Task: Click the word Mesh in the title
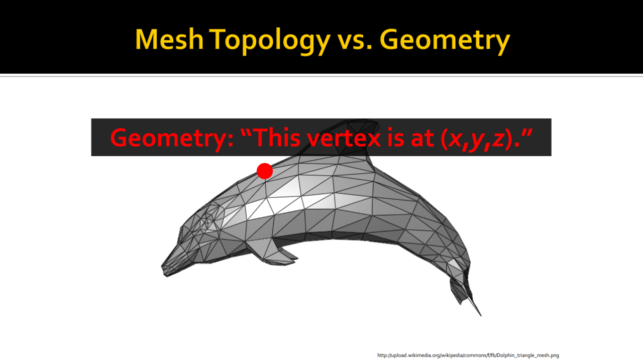tap(169, 39)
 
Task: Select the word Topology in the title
tap(270, 41)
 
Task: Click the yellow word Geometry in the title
tap(445, 41)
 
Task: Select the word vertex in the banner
tap(344, 139)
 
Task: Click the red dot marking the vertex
tap(265, 171)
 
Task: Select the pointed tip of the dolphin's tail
tap(481, 315)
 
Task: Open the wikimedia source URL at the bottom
tap(468, 355)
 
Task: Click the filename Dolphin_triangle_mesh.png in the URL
tap(528, 355)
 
